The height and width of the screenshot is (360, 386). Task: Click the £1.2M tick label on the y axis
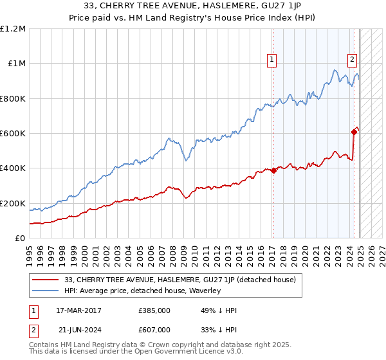click(x=14, y=29)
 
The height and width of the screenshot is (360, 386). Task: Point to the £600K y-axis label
click(x=13, y=134)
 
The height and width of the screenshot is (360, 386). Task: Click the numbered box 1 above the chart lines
click(x=272, y=60)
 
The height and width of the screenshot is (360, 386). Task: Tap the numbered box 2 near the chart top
click(x=353, y=60)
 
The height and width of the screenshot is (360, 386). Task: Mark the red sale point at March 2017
click(x=273, y=171)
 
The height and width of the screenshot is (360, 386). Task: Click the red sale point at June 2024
click(x=354, y=132)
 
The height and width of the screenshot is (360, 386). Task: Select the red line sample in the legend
click(x=45, y=280)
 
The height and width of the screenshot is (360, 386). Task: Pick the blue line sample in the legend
click(x=45, y=291)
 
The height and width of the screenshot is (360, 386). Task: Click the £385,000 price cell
click(x=154, y=310)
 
